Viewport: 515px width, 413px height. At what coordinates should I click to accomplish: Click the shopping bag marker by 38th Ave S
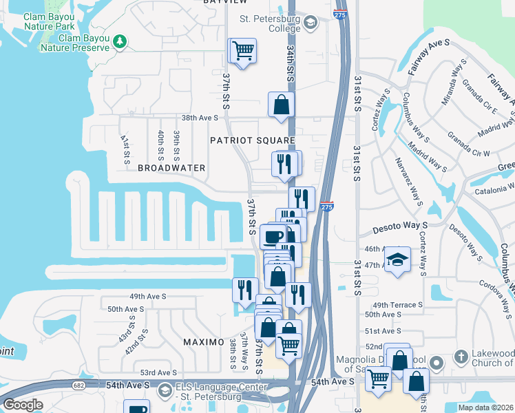(x=281, y=105)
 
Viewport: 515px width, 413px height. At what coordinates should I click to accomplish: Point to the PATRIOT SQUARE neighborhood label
(x=253, y=140)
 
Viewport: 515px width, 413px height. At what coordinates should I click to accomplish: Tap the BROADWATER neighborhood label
(x=171, y=167)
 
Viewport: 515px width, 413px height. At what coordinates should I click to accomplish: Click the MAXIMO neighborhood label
(x=204, y=342)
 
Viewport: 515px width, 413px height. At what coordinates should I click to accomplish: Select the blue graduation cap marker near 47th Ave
(x=397, y=260)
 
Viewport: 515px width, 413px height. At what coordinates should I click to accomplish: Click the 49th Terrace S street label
(x=397, y=304)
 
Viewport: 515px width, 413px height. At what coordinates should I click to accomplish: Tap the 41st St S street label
(x=125, y=147)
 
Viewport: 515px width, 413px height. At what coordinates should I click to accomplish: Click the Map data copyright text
(x=485, y=407)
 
